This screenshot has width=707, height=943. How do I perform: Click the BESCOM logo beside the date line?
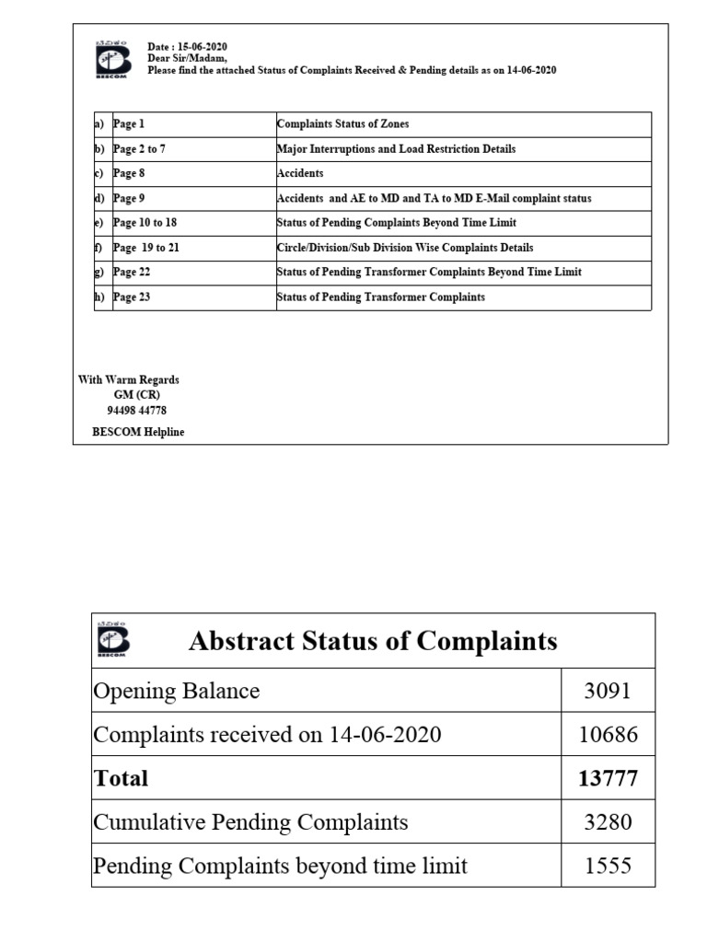coord(110,60)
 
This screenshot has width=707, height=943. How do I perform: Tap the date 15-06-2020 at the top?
coord(188,47)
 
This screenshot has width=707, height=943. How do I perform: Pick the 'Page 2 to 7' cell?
coord(139,148)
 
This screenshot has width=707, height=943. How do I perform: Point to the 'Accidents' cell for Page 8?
coord(300,173)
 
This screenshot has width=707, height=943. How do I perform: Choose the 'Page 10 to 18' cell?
coord(145,223)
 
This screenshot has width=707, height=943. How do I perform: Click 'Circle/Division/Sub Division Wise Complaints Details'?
coord(405,248)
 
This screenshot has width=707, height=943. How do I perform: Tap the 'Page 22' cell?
coord(132,273)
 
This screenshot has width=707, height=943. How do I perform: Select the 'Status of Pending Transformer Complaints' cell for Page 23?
coord(381,297)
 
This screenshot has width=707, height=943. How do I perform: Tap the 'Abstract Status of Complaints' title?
coord(373,641)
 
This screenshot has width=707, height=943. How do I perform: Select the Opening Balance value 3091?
coord(608,691)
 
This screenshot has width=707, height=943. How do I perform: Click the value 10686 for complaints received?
coord(608,735)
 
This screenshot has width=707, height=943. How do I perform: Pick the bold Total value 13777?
coord(608,778)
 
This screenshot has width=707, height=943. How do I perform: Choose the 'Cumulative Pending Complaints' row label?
coord(250,821)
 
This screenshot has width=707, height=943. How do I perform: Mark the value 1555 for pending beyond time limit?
coord(608,866)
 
